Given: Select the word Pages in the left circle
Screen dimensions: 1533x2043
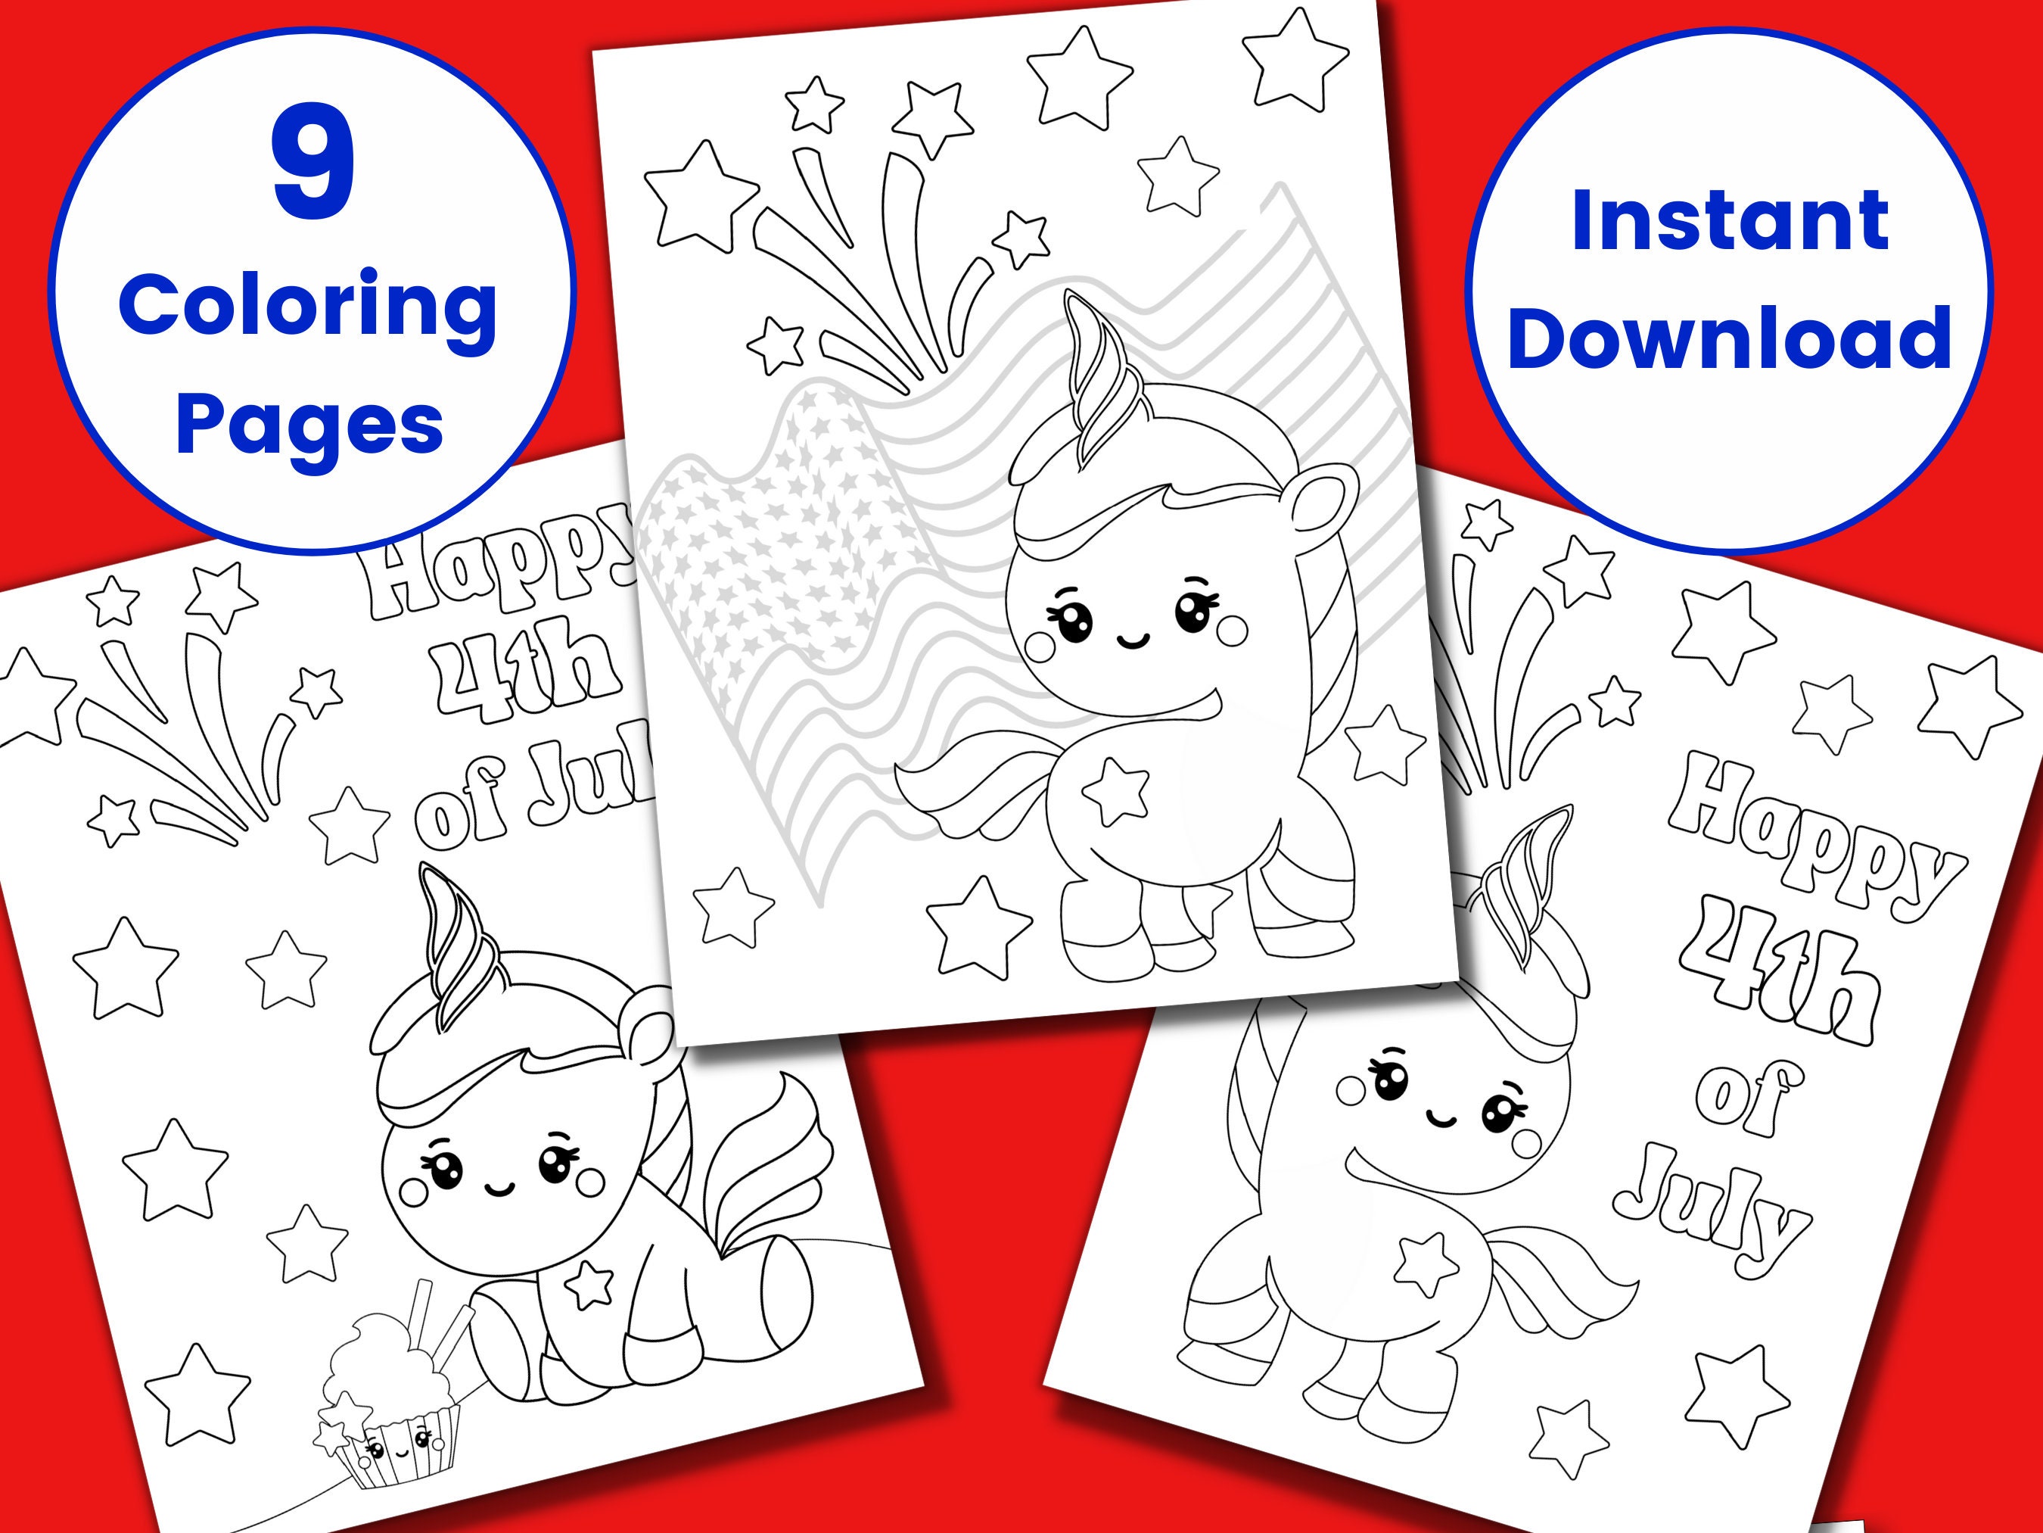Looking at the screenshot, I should (x=309, y=425).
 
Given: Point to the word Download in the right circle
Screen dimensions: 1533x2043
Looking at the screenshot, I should (x=1730, y=338).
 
